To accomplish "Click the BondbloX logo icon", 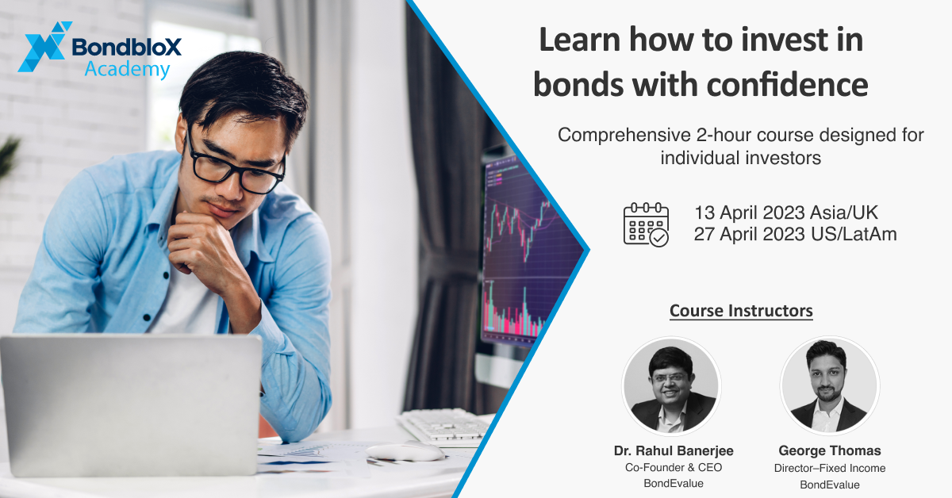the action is [44, 47].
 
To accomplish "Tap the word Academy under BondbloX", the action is [127, 69].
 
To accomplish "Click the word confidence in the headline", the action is [787, 85].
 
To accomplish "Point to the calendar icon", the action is [646, 224].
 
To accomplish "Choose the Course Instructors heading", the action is [741, 311].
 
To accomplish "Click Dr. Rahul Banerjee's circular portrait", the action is [671, 386].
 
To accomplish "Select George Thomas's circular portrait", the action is [829, 386].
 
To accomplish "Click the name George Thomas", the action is [830, 450].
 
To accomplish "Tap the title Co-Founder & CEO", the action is [674, 467].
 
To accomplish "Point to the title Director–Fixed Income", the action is [830, 468].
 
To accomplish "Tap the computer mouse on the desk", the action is [405, 452].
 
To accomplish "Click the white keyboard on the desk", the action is [444, 425].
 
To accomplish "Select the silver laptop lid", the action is [132, 405].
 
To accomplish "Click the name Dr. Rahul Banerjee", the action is [674, 450].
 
